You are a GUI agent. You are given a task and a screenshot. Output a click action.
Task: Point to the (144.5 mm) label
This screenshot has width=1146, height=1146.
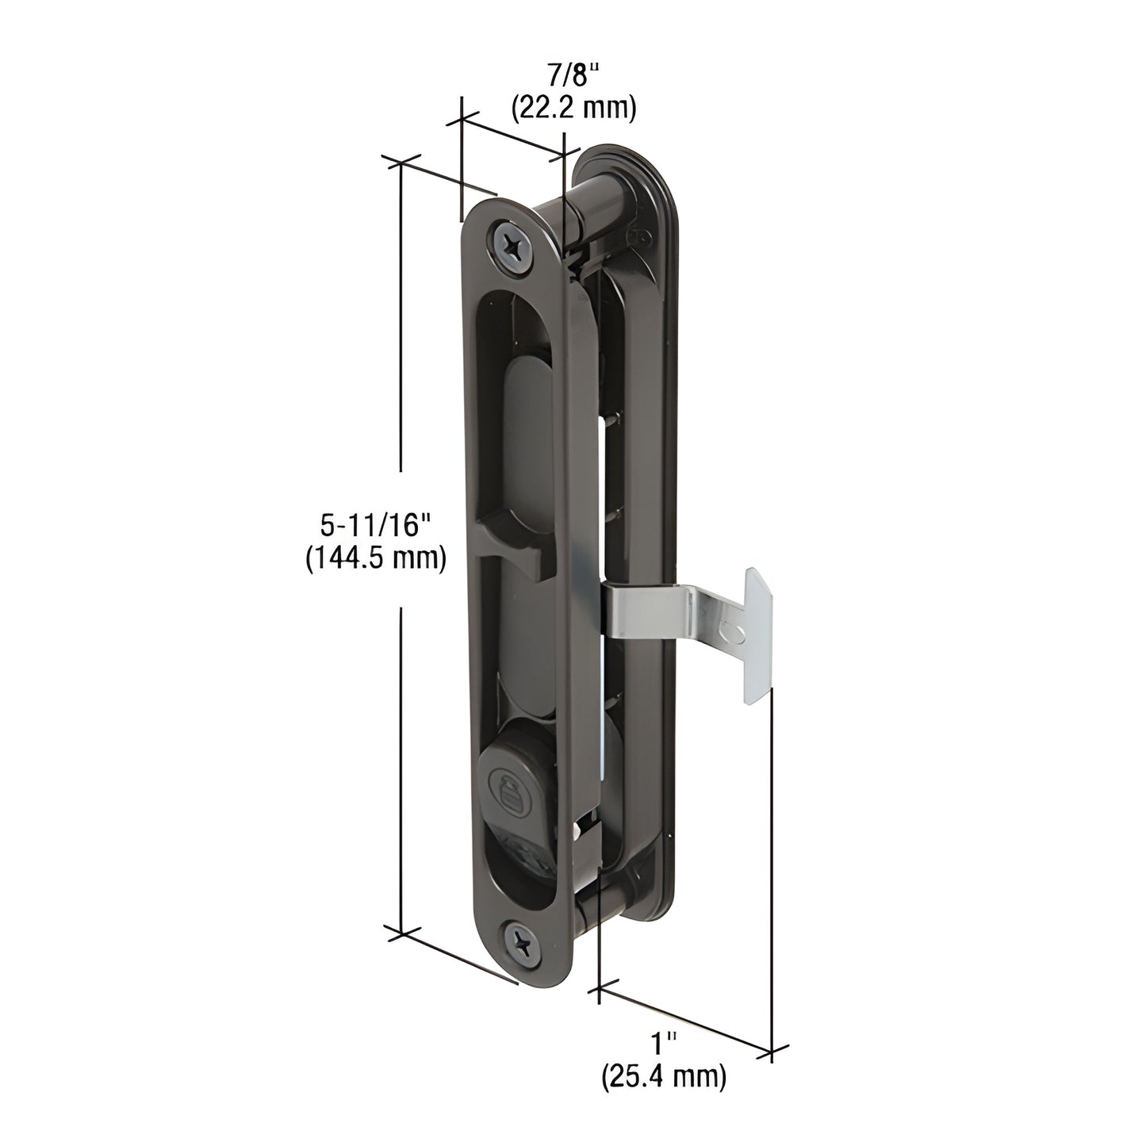tap(375, 558)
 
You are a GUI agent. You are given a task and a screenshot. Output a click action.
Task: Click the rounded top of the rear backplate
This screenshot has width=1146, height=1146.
tap(627, 159)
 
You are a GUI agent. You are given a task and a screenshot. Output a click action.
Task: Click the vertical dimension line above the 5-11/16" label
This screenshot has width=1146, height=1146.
tap(401, 333)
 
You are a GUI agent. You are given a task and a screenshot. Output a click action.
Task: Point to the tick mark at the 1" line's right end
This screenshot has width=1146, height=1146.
tap(772, 1052)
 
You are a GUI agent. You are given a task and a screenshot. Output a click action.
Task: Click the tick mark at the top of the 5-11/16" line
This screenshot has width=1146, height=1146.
tap(401, 162)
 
